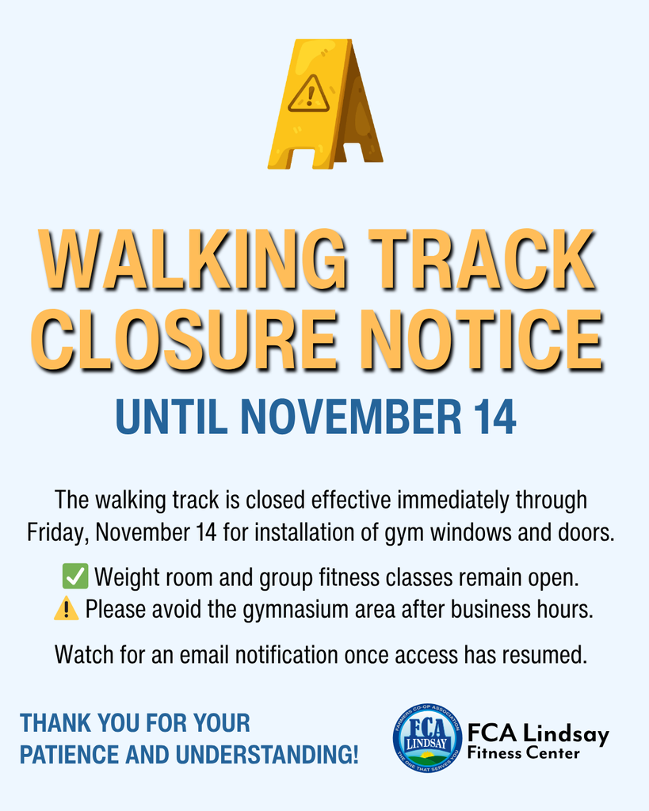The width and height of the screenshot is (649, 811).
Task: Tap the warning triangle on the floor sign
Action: click(x=308, y=95)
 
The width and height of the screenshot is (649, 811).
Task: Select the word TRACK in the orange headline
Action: click(x=486, y=261)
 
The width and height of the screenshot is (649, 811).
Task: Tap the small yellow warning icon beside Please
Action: click(x=67, y=609)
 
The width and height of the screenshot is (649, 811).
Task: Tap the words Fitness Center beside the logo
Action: click(x=523, y=753)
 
